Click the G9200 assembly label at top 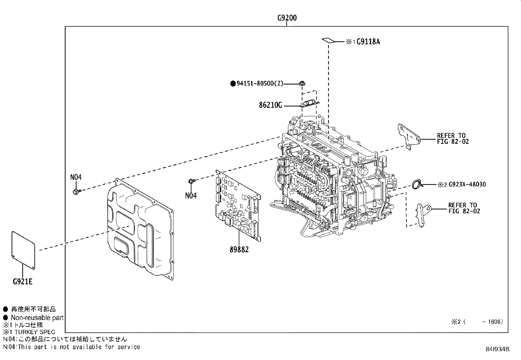click(287, 18)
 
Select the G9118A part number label click(368, 42)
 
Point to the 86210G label click(270, 105)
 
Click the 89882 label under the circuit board click(239, 250)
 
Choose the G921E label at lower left click(23, 281)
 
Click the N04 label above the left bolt click(76, 177)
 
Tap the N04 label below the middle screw click(191, 196)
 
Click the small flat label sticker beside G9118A click(328, 41)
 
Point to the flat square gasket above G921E click(23, 250)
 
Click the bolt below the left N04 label click(76, 191)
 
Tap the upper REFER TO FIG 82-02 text click(453, 139)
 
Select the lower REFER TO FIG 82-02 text click(464, 208)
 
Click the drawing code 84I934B click(497, 349)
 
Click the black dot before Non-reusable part click(6, 317)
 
